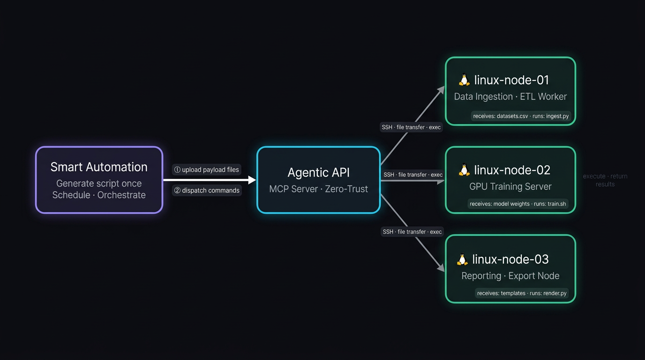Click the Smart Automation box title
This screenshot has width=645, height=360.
tap(99, 167)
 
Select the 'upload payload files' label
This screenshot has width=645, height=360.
tap(207, 170)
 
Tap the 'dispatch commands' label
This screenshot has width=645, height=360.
tap(207, 190)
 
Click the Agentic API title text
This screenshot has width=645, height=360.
tap(318, 172)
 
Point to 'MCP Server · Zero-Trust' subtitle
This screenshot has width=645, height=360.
tap(318, 189)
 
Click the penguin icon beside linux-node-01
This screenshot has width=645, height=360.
tap(464, 80)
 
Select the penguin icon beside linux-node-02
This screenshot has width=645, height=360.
tap(464, 170)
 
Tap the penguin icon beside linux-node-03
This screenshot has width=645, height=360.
tap(462, 259)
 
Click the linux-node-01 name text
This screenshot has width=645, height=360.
tap(511, 80)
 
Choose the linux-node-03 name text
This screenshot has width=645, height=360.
tap(510, 259)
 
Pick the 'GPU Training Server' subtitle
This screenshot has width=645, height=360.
tap(510, 187)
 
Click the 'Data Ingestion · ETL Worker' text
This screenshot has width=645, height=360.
tap(510, 97)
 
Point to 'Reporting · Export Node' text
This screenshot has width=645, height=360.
tap(510, 276)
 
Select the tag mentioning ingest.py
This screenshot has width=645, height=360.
tap(521, 116)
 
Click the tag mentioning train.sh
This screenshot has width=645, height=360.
tap(517, 204)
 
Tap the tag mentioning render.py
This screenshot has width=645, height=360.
tap(522, 293)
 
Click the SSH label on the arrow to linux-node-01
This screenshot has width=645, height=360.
tap(411, 127)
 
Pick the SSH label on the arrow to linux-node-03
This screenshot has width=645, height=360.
tap(412, 232)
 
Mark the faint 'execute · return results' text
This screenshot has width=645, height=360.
tap(605, 180)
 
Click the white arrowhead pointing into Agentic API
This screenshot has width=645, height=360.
tap(252, 180)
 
